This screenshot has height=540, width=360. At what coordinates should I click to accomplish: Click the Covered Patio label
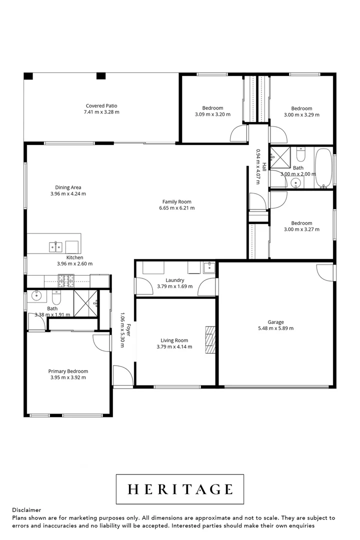pyautogui.click(x=101, y=106)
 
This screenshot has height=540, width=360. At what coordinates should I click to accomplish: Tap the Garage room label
pyautogui.click(x=275, y=322)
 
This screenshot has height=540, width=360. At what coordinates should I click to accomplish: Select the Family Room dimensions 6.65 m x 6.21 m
pyautogui.click(x=176, y=208)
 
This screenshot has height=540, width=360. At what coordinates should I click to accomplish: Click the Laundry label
pyautogui.click(x=174, y=280)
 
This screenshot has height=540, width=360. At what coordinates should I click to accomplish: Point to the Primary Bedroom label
pyautogui.click(x=68, y=371)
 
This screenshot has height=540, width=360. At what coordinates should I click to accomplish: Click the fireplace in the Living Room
pyautogui.click(x=210, y=339)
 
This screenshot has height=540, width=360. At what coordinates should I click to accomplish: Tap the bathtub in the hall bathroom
pyautogui.click(x=324, y=168)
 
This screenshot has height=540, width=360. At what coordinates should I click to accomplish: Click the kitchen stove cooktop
pyautogui.click(x=66, y=280)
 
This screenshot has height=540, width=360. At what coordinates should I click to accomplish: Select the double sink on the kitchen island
pyautogui.click(x=55, y=247)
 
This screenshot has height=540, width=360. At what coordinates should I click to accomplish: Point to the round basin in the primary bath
pyautogui.click(x=36, y=295)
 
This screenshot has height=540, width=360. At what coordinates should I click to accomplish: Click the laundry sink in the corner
pyautogui.click(x=209, y=267)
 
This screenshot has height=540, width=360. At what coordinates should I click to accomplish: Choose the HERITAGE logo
pyautogui.click(x=180, y=489)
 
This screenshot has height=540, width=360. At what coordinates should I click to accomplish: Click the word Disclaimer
pyautogui.click(x=26, y=510)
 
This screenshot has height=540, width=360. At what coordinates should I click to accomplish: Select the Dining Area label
pyautogui.click(x=68, y=187)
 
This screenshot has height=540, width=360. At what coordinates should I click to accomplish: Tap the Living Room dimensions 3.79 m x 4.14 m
pyautogui.click(x=174, y=347)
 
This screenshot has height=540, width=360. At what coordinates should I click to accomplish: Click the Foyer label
pyautogui.click(x=128, y=330)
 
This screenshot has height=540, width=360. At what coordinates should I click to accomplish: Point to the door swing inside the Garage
pyautogui.click(x=324, y=272)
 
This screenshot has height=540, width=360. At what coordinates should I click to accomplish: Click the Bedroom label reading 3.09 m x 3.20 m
pyautogui.click(x=212, y=108)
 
